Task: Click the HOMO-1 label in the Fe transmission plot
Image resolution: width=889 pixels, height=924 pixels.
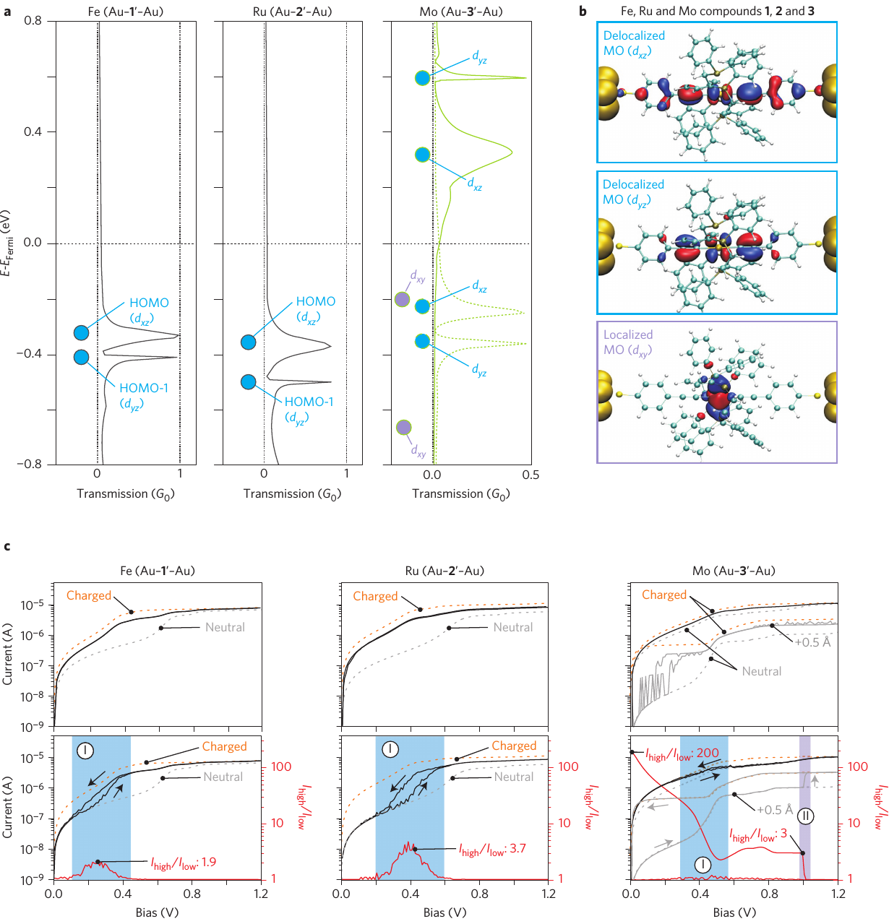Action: point(144,389)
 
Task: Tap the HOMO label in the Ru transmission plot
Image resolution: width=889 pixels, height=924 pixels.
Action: point(316,301)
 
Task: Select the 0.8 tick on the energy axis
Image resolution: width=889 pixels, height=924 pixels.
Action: point(33,20)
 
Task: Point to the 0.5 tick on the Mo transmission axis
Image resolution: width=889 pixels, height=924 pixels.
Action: point(531,475)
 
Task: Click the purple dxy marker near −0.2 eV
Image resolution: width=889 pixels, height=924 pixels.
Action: point(402,299)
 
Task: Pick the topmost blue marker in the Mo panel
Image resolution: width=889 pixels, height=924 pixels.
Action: point(423,78)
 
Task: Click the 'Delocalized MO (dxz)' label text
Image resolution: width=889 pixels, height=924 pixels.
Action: point(634,43)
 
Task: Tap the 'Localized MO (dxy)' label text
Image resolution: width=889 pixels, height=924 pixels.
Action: point(628,342)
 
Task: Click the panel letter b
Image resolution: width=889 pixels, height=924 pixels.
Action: point(583,11)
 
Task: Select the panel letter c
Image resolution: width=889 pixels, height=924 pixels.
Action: point(7,545)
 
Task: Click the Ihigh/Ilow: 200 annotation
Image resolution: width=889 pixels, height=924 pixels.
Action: point(682,754)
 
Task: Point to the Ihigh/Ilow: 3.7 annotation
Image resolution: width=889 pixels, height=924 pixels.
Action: point(492,850)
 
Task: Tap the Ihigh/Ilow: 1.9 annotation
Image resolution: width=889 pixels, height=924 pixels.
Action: point(183,863)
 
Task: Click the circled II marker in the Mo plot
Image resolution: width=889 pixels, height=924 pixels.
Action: point(805,816)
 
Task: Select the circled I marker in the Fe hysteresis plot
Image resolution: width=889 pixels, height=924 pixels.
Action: point(85,751)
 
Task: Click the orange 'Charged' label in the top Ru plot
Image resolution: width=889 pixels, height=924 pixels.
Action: point(375,596)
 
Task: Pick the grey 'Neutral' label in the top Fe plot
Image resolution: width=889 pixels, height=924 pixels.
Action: point(225,627)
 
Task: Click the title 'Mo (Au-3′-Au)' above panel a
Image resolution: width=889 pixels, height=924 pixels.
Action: point(461,11)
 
